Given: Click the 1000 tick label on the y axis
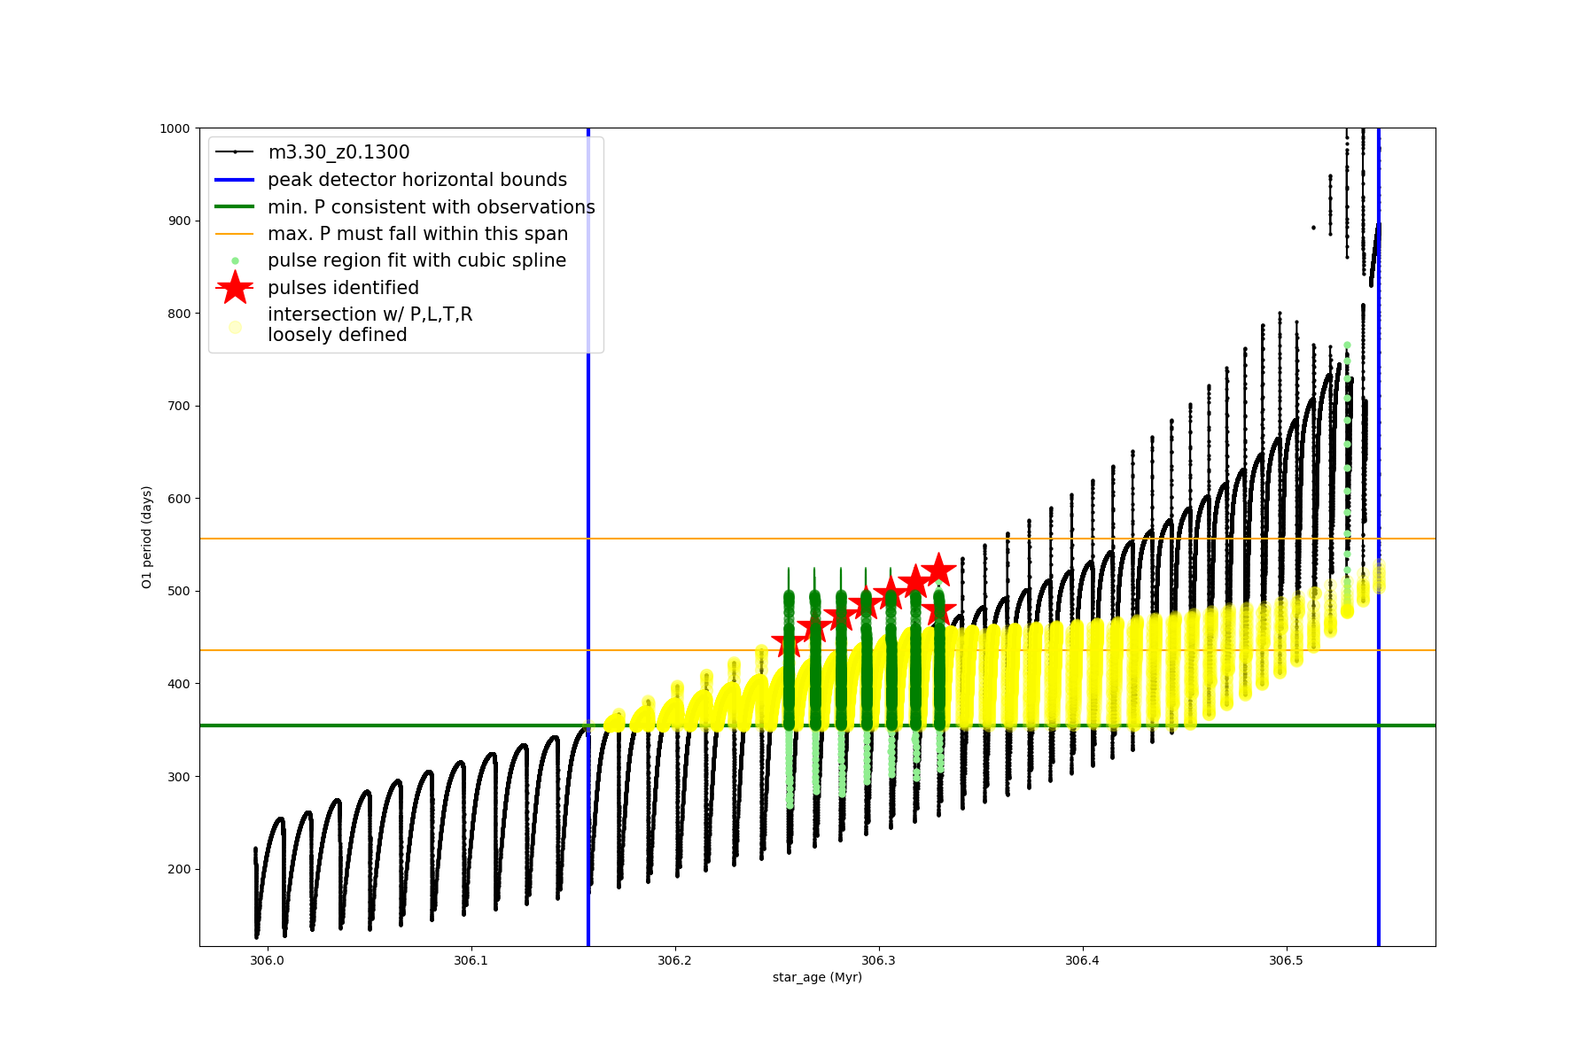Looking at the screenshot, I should click(x=175, y=128).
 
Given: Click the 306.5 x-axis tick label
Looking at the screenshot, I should click(x=1286, y=960).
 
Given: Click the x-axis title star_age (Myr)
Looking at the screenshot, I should click(x=817, y=977).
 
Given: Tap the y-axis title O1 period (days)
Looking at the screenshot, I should click(x=147, y=537).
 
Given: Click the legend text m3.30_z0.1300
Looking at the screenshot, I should click(x=338, y=152).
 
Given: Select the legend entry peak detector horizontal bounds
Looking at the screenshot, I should click(x=416, y=180).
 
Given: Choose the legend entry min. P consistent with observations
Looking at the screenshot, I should click(x=431, y=207).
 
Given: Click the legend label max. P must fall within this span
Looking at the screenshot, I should click(x=417, y=234).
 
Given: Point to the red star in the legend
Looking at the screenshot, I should click(x=235, y=288).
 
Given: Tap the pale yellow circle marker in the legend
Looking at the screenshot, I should click(x=235, y=327).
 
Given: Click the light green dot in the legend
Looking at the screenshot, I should click(x=235, y=261).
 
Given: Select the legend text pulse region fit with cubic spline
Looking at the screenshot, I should click(x=416, y=260).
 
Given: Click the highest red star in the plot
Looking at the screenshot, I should click(x=938, y=570).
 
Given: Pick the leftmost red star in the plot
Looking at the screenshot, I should click(x=788, y=643).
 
